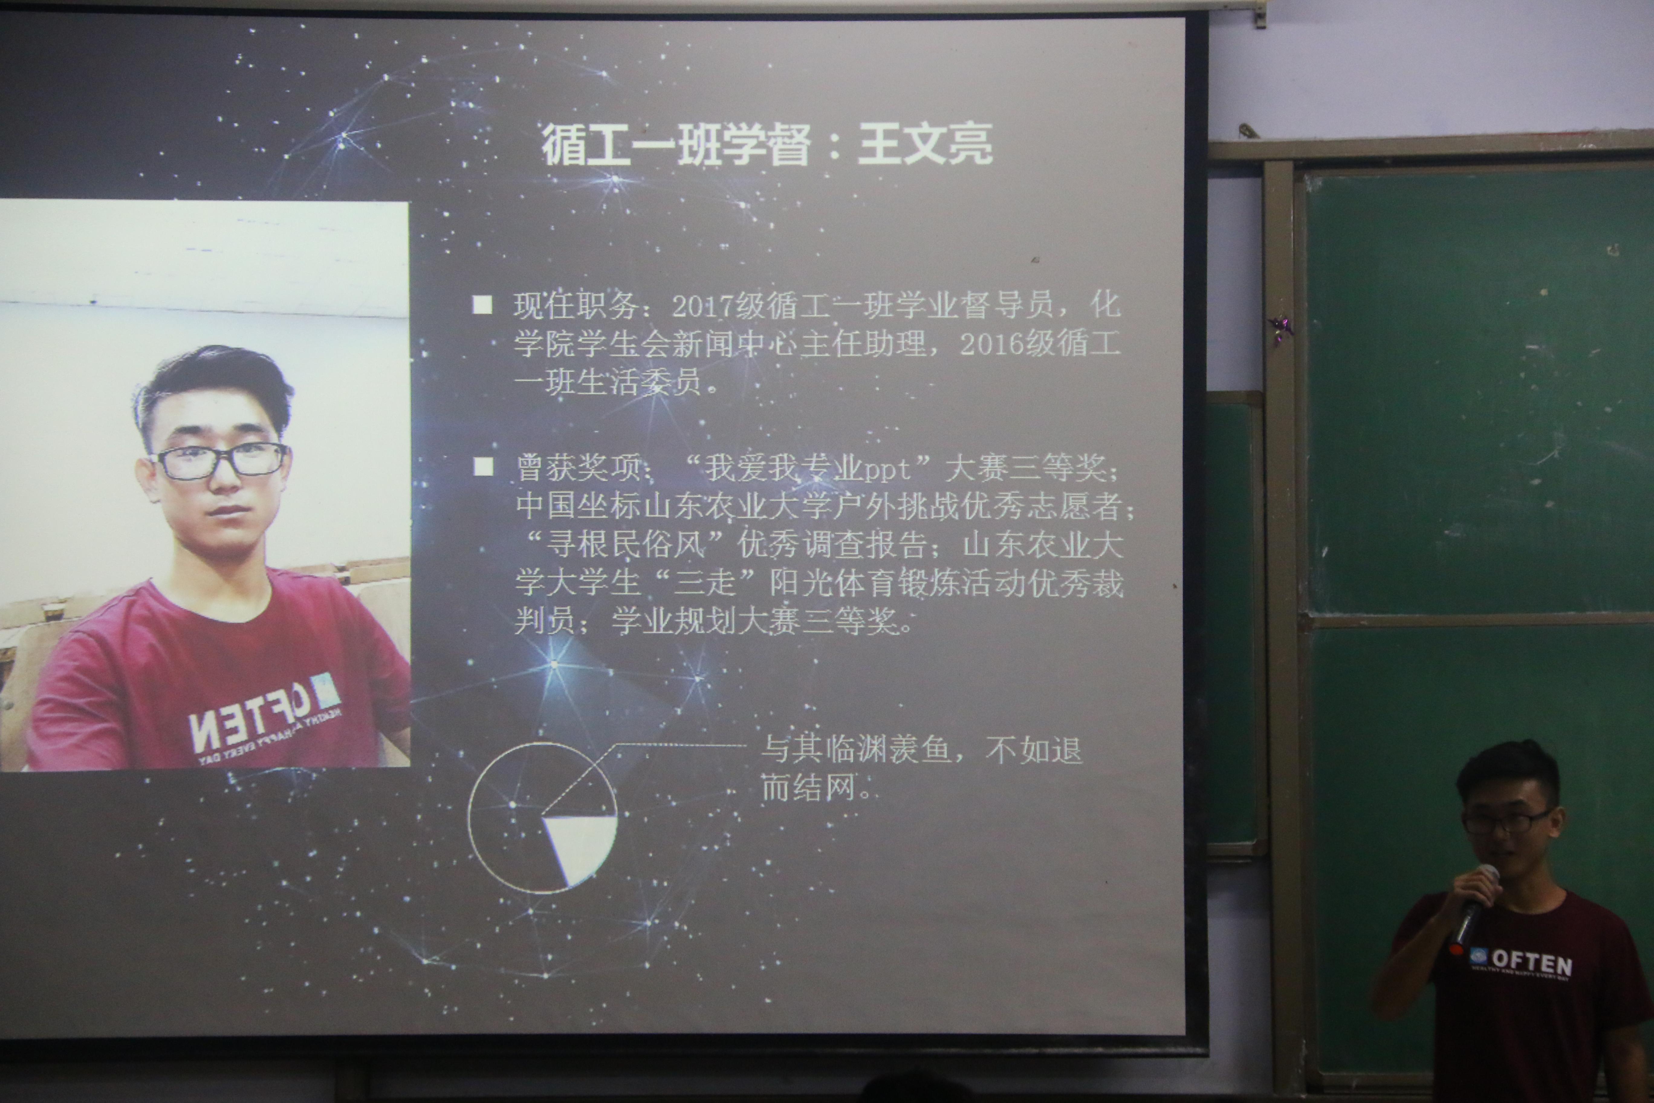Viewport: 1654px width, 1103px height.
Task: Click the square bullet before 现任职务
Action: click(x=482, y=304)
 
